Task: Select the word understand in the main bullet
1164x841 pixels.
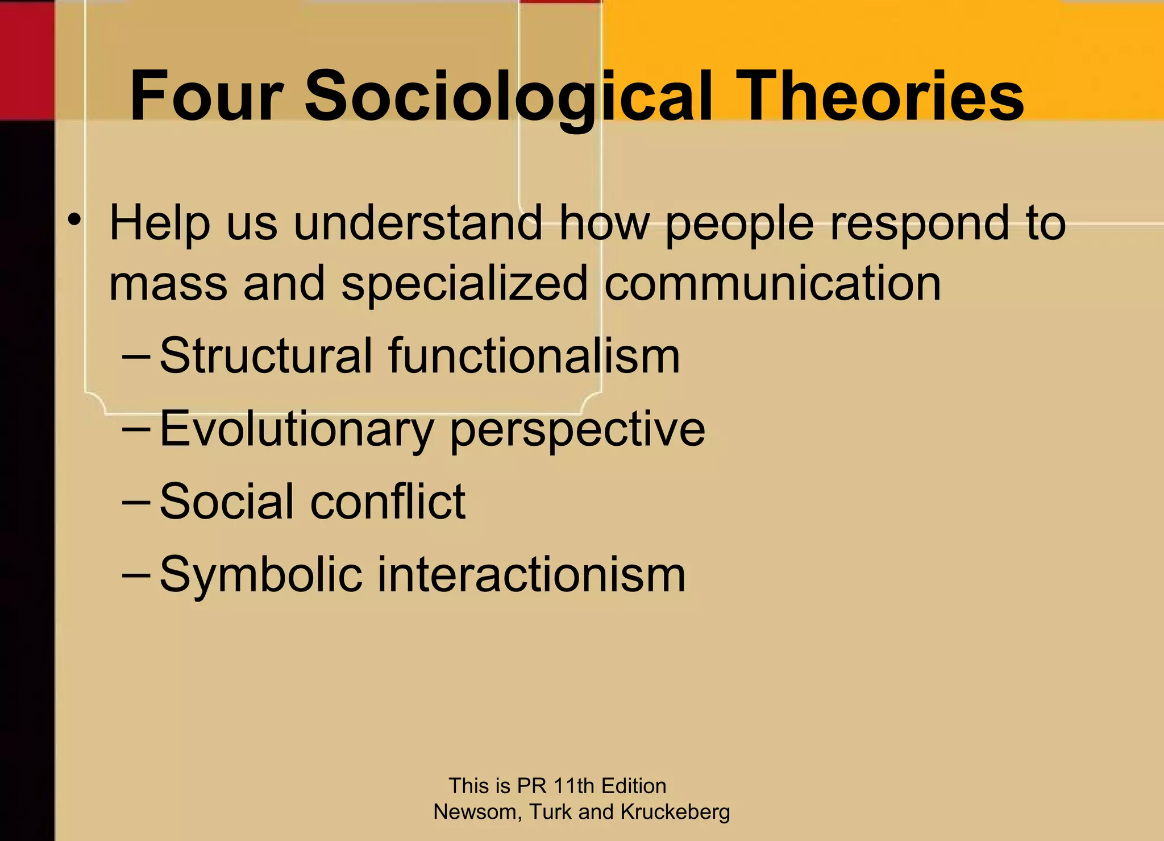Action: click(418, 223)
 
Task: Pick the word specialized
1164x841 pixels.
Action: click(464, 284)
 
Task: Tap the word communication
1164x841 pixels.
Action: click(772, 284)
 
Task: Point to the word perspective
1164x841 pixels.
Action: click(577, 429)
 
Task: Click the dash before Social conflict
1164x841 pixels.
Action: click(136, 503)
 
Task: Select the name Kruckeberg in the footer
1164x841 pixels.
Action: click(675, 812)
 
